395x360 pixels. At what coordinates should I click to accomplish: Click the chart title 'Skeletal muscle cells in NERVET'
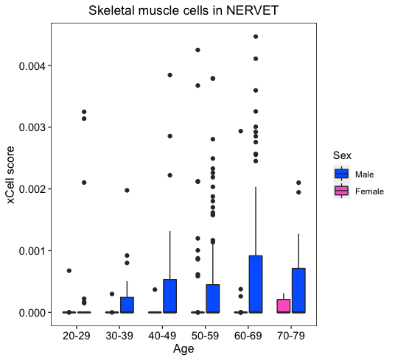183,10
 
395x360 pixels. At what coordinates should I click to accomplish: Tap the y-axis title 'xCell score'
10,174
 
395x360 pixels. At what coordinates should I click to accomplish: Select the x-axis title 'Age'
183,349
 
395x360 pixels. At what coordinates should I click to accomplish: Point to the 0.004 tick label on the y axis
32,66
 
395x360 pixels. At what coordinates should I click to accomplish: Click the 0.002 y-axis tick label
32,189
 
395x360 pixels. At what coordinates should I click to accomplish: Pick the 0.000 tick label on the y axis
32,313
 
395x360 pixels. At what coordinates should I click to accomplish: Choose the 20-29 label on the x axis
77,336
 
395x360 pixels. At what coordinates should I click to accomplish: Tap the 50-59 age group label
206,336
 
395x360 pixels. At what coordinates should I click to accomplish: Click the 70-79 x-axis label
291,336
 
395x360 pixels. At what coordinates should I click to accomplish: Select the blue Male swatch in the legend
342,174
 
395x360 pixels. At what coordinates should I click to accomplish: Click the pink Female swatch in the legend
342,191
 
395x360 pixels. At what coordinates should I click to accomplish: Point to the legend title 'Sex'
342,155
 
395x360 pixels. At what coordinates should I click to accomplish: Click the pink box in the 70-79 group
284,306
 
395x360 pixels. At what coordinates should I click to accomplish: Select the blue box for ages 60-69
256,284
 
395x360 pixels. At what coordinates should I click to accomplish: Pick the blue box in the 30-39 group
127,305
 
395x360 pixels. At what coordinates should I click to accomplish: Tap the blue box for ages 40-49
169,296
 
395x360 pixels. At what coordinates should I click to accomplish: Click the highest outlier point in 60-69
256,37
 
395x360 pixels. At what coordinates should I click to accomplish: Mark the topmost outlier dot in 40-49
169,75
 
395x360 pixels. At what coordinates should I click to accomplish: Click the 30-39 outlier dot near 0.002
127,191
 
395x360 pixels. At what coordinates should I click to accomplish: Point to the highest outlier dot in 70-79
298,183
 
